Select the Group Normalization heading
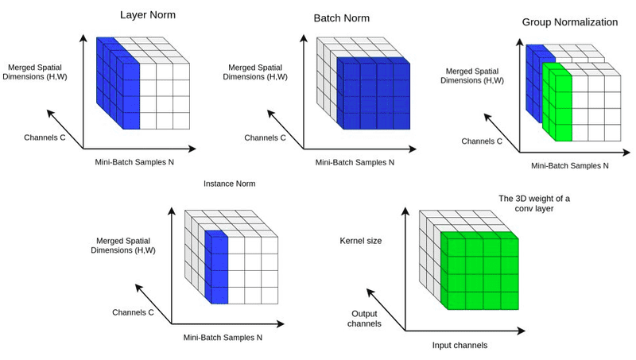570,22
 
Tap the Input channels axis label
459,346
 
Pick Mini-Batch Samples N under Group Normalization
569,166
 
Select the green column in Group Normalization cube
557,103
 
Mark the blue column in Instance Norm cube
216,266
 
